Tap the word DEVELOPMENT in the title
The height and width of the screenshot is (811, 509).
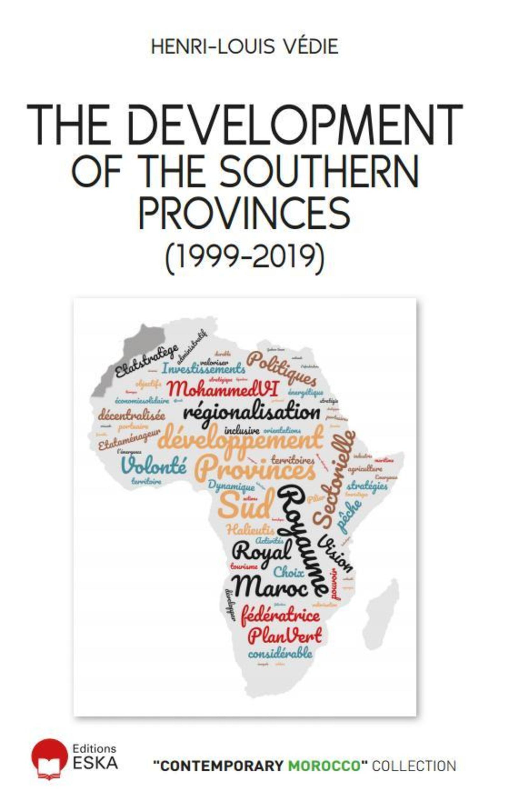point(296,125)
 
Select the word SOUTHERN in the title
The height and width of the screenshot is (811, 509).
point(319,171)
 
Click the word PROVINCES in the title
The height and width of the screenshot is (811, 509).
point(245,213)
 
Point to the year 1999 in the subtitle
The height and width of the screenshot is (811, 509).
point(208,259)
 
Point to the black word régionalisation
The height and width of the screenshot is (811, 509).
point(252,413)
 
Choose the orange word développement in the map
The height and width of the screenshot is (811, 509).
point(240,439)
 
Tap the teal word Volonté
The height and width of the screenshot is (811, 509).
point(154,465)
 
